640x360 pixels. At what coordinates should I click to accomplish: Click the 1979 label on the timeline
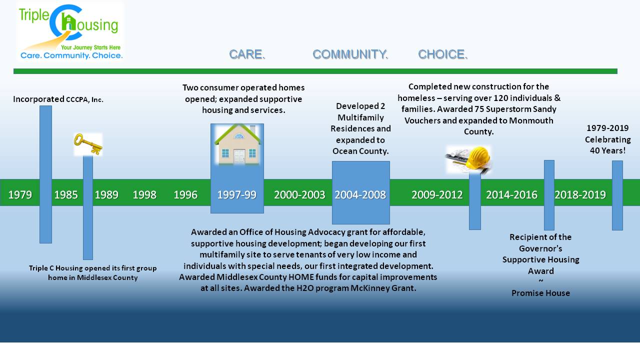click(x=20, y=195)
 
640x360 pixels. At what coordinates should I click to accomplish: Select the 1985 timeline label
click(x=66, y=195)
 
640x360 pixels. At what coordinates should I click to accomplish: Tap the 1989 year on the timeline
click(x=106, y=195)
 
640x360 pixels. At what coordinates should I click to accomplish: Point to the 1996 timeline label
click(x=185, y=195)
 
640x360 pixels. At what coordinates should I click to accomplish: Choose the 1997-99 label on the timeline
click(x=237, y=195)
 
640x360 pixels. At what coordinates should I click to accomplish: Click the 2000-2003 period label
click(x=299, y=195)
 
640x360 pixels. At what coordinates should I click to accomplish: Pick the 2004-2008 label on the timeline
click(x=360, y=195)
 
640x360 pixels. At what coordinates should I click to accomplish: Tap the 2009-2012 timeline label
click(x=437, y=195)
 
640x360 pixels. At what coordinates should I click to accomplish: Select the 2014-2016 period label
click(x=511, y=195)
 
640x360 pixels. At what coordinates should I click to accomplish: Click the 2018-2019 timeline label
click(x=580, y=195)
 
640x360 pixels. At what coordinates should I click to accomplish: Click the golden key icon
click(x=88, y=144)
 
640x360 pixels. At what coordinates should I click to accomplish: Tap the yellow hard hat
click(x=477, y=157)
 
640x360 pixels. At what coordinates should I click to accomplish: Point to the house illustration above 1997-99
click(x=237, y=144)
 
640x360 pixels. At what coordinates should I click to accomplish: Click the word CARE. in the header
click(x=247, y=54)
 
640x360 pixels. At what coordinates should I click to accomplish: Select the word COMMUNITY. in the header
click(x=350, y=54)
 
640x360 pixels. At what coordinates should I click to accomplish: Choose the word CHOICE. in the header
click(x=443, y=54)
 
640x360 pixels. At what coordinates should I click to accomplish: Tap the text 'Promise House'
click(x=540, y=293)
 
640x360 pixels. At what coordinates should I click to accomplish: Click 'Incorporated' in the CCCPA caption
click(x=38, y=99)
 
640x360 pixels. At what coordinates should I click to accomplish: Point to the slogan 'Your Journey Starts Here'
click(x=90, y=47)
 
